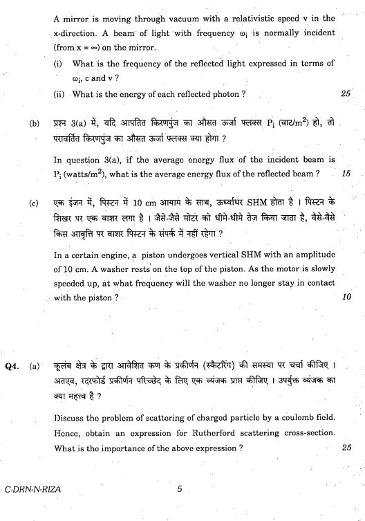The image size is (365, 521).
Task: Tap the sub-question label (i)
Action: [x=58, y=63]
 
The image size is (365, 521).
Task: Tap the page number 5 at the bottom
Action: [x=179, y=490]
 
